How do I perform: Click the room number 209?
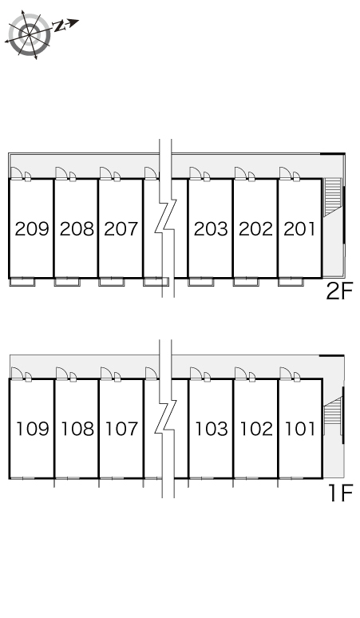[x=32, y=228]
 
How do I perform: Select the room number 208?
[x=77, y=228]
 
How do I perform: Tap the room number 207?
[x=121, y=228]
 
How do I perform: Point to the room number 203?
[x=211, y=228]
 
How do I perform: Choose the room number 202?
[x=255, y=228]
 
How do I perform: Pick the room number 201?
[x=300, y=228]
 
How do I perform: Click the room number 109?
[x=33, y=429]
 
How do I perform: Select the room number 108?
[x=77, y=429]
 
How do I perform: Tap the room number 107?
[x=122, y=429]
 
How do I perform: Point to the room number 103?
[x=212, y=429]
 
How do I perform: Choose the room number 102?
[x=256, y=429]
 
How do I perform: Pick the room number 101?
[x=300, y=429]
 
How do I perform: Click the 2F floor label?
[x=339, y=291]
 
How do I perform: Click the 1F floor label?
[x=341, y=493]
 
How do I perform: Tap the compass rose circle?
[x=30, y=34]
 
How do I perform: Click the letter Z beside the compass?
[x=59, y=26]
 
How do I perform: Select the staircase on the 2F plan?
[x=332, y=197]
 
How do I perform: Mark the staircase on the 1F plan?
[x=333, y=414]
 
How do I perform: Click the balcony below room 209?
[x=22, y=282]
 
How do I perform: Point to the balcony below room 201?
[x=291, y=282]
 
